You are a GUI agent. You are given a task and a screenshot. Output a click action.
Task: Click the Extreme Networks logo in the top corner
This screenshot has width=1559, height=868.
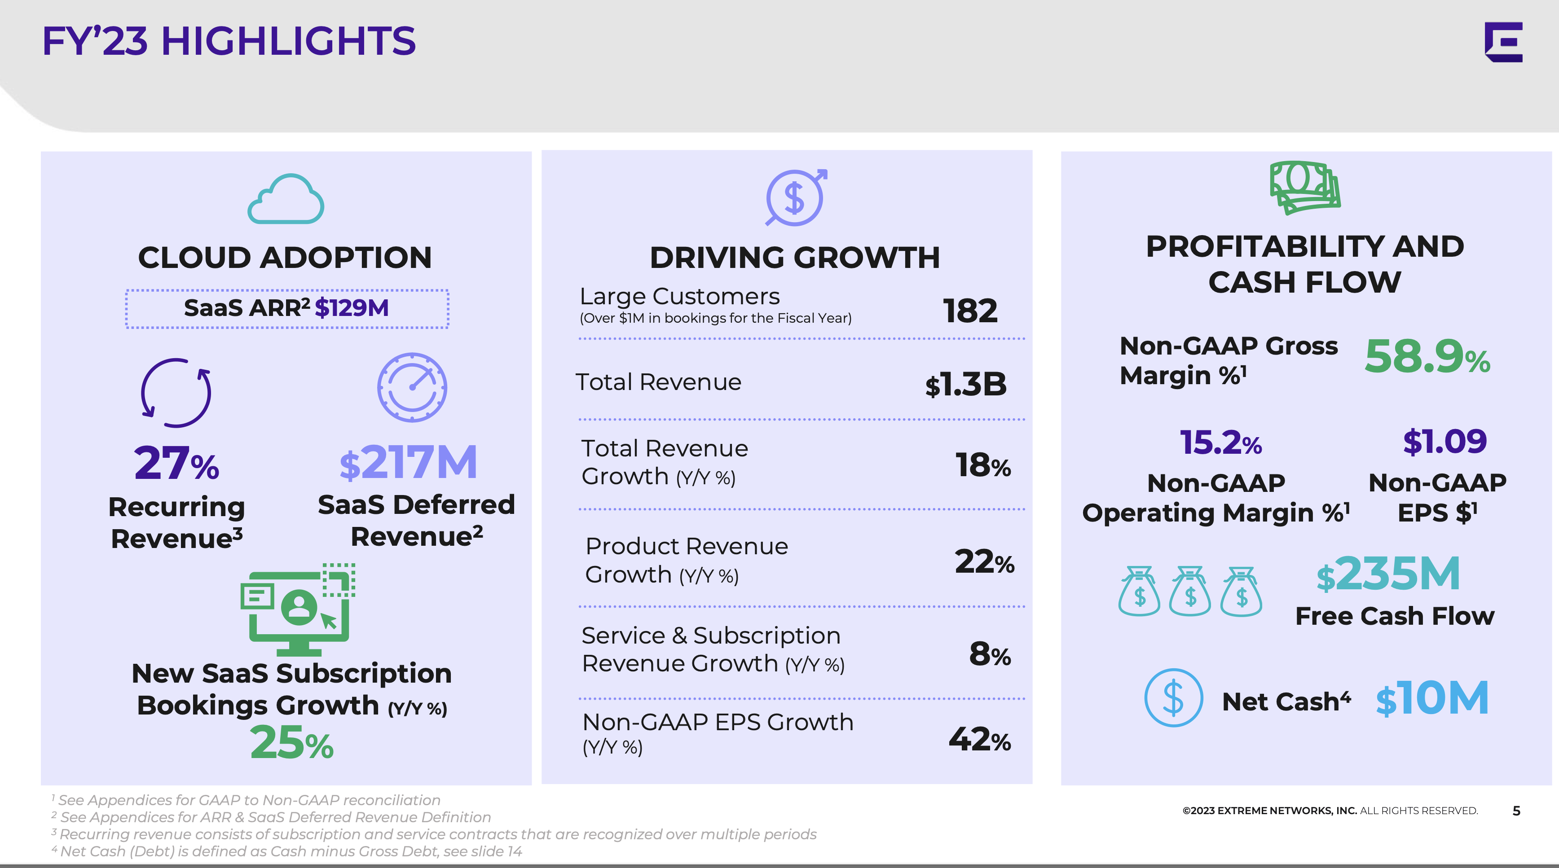[1503, 42]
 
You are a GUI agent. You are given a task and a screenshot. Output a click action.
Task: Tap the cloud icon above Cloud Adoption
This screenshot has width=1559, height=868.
[286, 200]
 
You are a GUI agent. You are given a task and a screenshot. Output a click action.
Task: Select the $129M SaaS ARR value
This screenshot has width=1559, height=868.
[352, 308]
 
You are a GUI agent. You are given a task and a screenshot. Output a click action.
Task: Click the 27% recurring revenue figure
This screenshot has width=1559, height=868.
[176, 463]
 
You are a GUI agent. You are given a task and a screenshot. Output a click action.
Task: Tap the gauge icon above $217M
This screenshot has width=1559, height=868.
[412, 387]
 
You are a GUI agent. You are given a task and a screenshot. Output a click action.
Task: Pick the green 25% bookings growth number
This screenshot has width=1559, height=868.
[292, 743]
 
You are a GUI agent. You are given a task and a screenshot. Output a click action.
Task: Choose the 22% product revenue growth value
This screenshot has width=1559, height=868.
[984, 562]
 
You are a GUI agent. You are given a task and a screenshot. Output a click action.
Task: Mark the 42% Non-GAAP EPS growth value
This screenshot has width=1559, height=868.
[980, 739]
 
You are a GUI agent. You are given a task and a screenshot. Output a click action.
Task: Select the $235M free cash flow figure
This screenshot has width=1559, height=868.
[1388, 574]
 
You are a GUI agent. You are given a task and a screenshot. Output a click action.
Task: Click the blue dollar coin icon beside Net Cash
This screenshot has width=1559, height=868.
[1173, 697]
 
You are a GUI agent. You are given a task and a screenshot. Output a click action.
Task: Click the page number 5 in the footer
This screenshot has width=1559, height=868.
[1516, 811]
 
